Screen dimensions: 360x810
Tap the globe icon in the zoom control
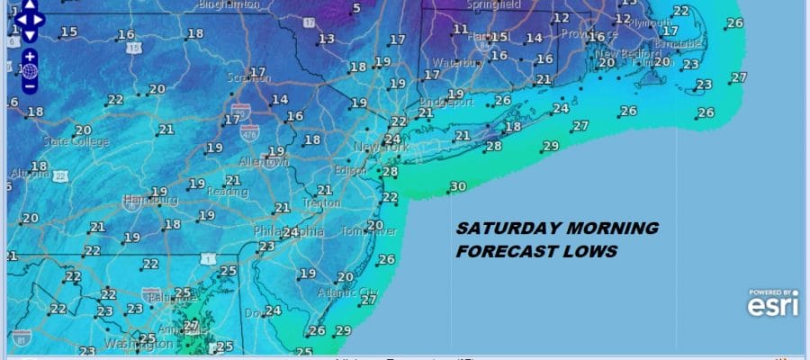point(29,70)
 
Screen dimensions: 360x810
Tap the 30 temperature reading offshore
point(458,186)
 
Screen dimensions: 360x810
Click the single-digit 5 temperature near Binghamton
point(356,9)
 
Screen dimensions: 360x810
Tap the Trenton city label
point(321,202)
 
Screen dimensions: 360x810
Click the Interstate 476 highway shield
point(249,132)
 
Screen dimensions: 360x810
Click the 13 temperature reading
point(326,38)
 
